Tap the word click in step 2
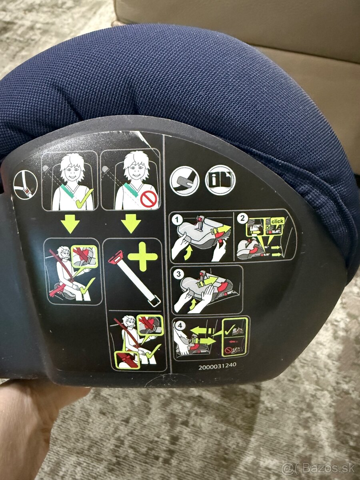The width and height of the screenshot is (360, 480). pos(277,221)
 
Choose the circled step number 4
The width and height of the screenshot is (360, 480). pos(180,326)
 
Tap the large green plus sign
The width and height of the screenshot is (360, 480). pos(142,257)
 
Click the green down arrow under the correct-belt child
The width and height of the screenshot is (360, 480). pos(70,224)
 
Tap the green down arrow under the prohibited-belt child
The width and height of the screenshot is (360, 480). pos(131,223)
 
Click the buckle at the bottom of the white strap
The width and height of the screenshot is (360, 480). pos(154,302)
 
